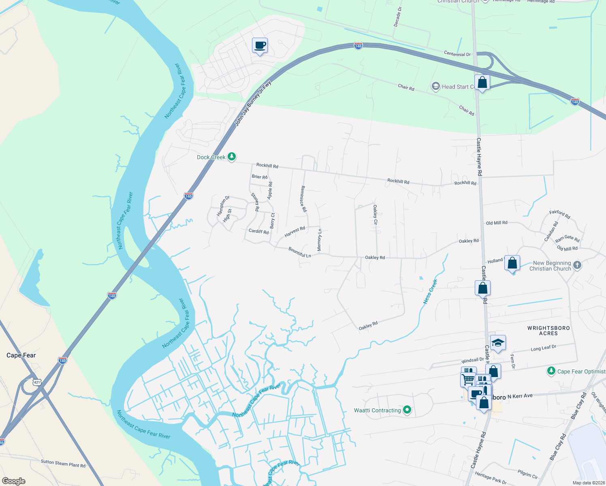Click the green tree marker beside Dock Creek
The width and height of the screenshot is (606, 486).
(231, 156)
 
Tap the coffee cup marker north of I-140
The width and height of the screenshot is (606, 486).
(260, 46)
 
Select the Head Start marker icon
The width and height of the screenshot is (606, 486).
(435, 86)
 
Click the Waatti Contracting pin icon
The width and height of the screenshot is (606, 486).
(407, 410)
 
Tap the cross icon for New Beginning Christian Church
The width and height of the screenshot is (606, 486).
(577, 266)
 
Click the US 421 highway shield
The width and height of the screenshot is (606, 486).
(37, 382)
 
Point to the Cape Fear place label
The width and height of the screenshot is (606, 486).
(21, 355)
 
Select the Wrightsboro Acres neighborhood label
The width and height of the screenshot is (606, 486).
(548, 330)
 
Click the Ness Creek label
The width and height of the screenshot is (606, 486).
(430, 292)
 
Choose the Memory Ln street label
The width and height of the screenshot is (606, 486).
(320, 240)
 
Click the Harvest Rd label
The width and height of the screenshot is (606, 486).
(294, 232)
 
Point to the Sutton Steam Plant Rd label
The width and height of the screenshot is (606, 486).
(63, 463)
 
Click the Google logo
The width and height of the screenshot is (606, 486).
(13, 481)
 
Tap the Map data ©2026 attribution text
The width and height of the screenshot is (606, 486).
(589, 483)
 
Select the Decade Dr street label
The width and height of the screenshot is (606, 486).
(398, 17)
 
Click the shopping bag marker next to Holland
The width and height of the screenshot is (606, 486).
(512, 263)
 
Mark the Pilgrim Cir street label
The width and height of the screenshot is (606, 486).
(527, 474)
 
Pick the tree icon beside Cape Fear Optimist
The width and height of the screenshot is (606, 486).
(551, 371)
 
